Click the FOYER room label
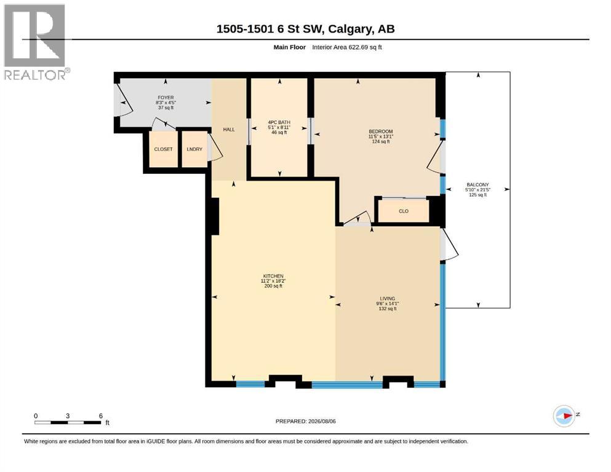(166, 98)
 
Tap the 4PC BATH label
(279, 122)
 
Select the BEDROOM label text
(381, 132)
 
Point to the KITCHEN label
(273, 276)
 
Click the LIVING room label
(387, 299)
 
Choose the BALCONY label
(477, 185)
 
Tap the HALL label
(229, 130)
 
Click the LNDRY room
(194, 149)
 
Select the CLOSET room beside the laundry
(163, 149)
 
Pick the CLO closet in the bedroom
(403, 211)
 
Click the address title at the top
(305, 29)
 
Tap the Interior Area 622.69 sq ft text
(347, 47)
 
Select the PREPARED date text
(305, 421)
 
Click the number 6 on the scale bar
(100, 416)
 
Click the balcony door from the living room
(449, 245)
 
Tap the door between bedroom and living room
(358, 218)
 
